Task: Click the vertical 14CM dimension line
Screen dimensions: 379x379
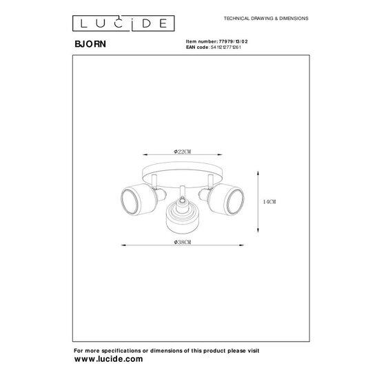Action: pyautogui.click(x=258, y=201)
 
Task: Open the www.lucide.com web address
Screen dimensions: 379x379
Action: pyautogui.click(x=109, y=359)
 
